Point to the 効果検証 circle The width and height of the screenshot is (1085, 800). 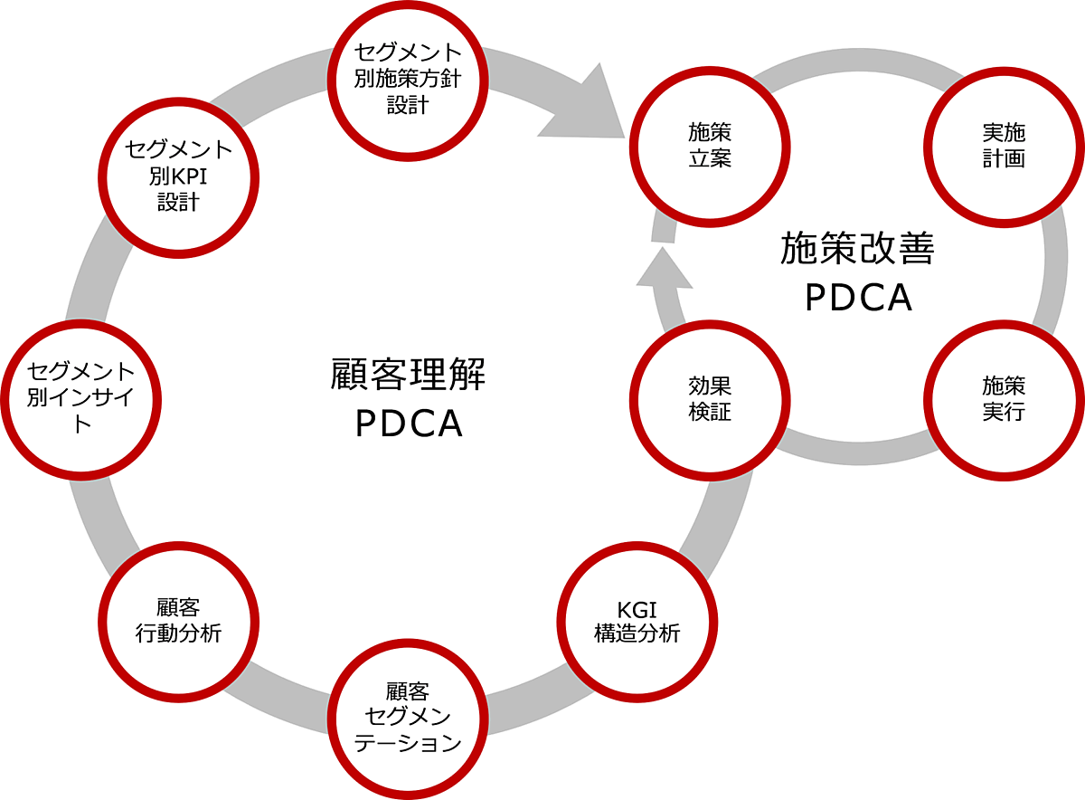coord(710,398)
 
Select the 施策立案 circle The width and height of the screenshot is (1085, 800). coord(710,146)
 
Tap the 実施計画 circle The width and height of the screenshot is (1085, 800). coord(1004,146)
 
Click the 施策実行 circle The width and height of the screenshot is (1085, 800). coord(1004,398)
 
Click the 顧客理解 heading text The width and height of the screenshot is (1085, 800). coord(409,374)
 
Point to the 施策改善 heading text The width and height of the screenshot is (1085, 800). coord(857,248)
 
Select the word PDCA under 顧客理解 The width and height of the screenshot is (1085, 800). coord(409,424)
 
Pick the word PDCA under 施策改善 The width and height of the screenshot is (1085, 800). coord(857,298)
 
